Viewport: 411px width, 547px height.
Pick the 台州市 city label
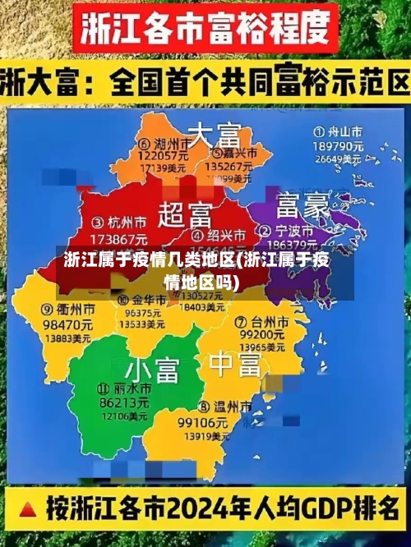click(261, 320)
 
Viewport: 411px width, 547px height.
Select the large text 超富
click(185, 215)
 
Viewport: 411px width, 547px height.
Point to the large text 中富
click(234, 361)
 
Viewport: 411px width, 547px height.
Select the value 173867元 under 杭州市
click(117, 237)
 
